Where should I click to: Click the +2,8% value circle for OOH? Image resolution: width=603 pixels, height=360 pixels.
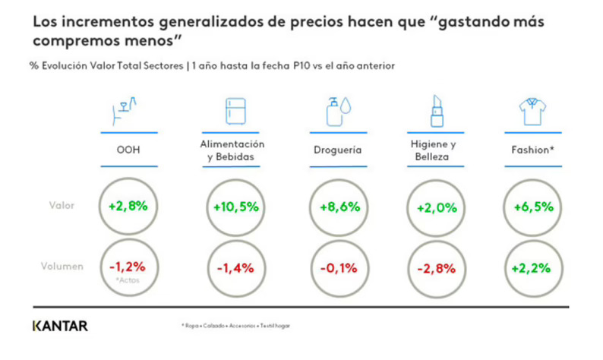tap(128, 206)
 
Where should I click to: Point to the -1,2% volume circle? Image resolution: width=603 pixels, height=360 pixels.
tap(128, 267)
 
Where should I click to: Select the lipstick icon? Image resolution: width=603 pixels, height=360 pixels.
tap(436, 111)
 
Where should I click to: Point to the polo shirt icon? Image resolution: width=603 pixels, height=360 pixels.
tap(533, 112)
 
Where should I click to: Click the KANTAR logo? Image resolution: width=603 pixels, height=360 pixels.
tap(60, 326)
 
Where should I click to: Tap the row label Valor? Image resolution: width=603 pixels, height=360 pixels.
tap(62, 206)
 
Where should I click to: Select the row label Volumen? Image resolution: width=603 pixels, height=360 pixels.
tap(62, 267)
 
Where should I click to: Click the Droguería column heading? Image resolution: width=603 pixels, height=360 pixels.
tap(337, 150)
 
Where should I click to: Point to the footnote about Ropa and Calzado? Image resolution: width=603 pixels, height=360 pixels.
tap(235, 326)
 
